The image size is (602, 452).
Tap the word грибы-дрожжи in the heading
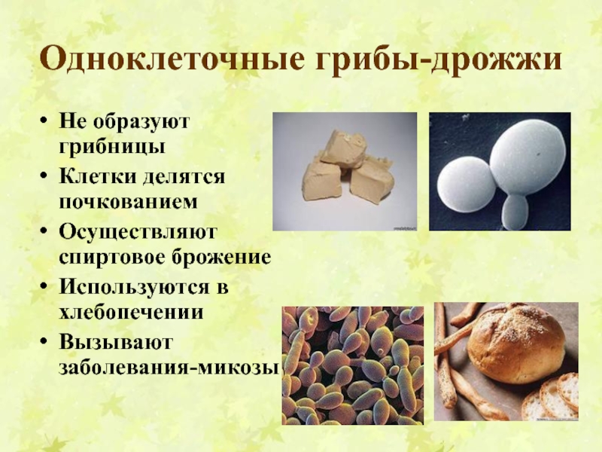click(x=439, y=60)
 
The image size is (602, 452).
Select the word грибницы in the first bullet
click(x=112, y=147)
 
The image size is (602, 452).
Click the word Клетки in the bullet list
click(x=98, y=176)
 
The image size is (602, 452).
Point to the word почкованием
click(x=128, y=202)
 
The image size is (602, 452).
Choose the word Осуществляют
click(x=138, y=233)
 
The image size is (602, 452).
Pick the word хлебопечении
click(x=131, y=312)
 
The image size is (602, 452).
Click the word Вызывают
click(x=116, y=342)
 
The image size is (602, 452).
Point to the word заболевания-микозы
click(x=169, y=367)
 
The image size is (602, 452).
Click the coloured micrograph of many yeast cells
click(x=353, y=365)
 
